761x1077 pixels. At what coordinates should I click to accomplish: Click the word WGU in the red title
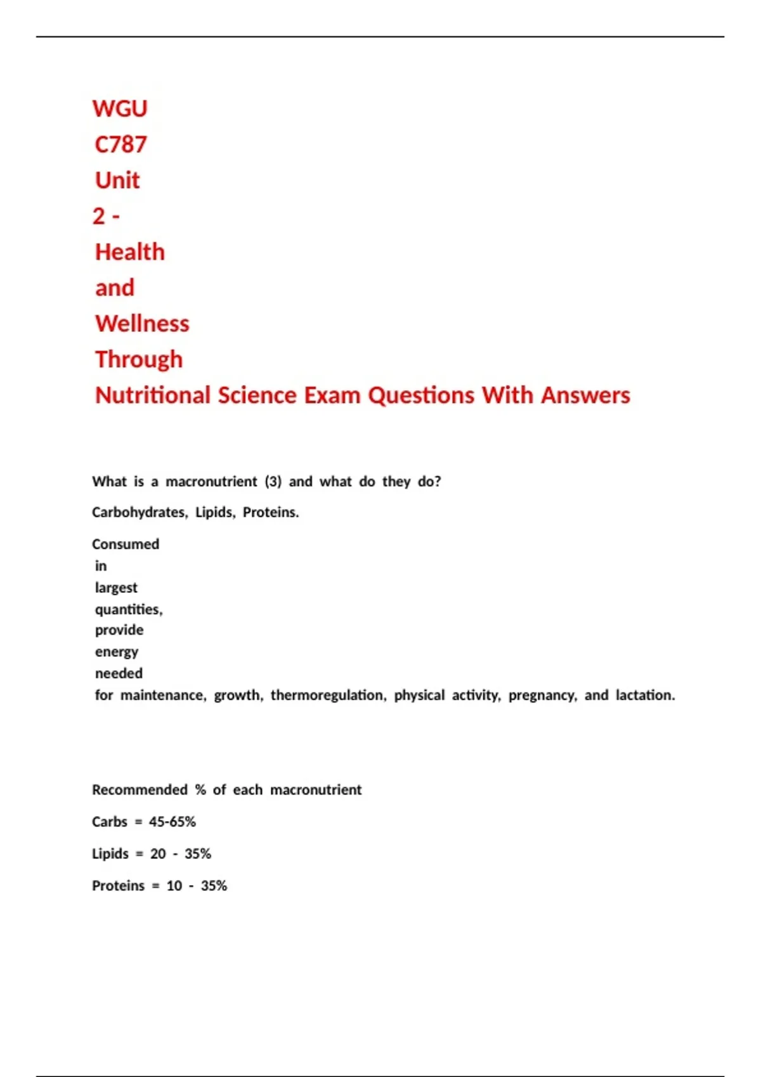point(120,109)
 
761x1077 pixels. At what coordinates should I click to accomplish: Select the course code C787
point(120,145)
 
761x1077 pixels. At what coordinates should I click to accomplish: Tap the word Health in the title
point(130,252)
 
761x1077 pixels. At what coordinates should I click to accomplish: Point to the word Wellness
point(142,324)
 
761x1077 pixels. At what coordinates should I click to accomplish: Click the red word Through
point(139,360)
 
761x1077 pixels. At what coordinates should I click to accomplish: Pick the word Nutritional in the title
point(152,395)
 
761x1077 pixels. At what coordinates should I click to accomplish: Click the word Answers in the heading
point(585,395)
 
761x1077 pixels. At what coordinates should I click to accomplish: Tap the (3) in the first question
point(273,481)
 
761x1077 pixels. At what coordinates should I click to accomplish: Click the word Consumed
point(126,544)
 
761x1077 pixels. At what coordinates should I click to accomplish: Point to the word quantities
point(129,609)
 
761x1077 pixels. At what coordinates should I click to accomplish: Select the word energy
point(117,652)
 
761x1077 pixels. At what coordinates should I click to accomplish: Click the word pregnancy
point(542,695)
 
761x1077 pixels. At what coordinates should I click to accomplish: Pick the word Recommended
point(140,790)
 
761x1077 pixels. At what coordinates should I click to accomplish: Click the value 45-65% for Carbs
point(172,822)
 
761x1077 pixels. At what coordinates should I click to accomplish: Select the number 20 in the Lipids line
point(158,854)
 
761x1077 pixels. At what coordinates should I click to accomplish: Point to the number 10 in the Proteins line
point(174,886)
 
